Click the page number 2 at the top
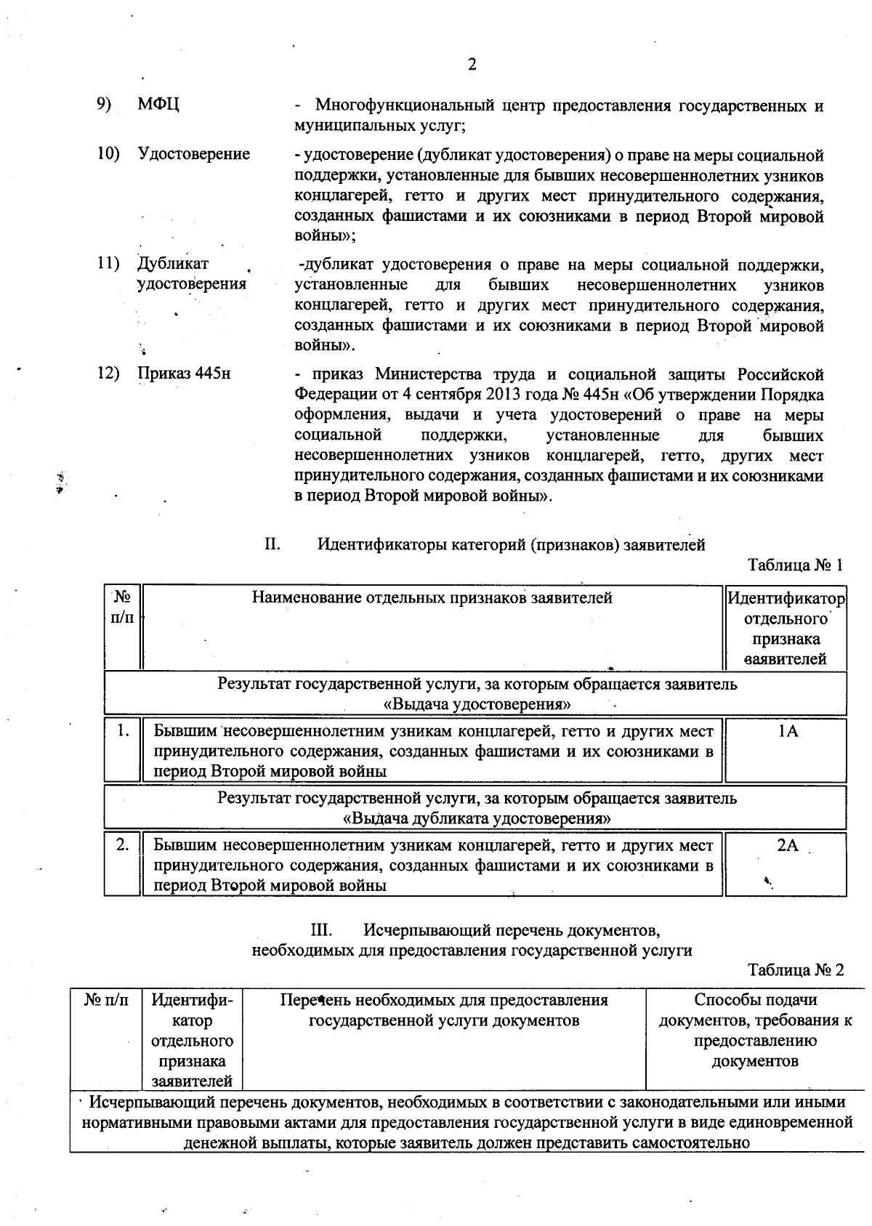click(x=472, y=65)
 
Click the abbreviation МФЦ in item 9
click(x=158, y=105)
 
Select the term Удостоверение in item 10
click(x=193, y=154)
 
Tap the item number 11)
click(x=108, y=264)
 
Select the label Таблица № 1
click(x=795, y=565)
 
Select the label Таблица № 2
click(x=795, y=970)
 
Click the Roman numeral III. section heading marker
click(x=321, y=929)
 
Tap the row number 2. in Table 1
click(x=123, y=845)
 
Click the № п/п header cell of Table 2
click(x=107, y=1000)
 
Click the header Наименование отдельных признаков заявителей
click(x=432, y=598)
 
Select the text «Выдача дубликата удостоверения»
click(x=476, y=818)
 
